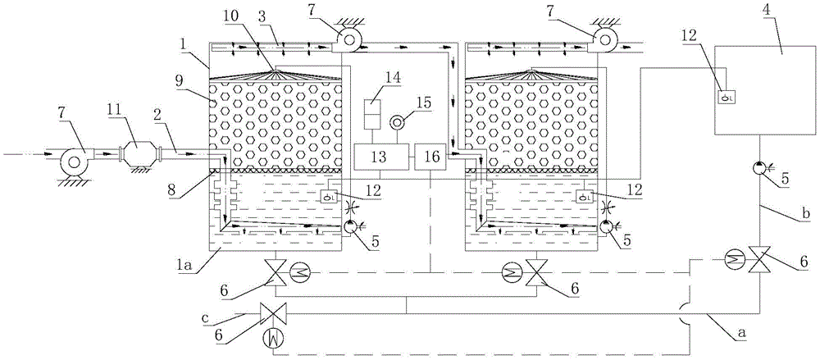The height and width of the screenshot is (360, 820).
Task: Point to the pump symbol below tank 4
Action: (x=763, y=169)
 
